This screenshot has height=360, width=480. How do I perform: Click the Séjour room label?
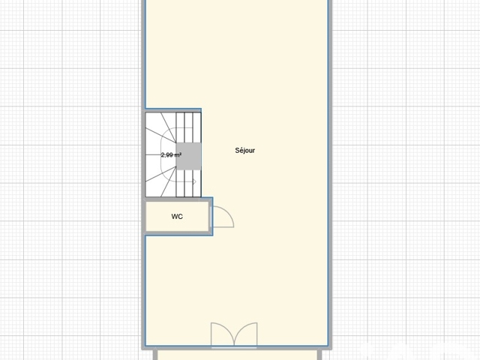pos(245,150)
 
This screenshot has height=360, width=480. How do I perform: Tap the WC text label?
pos(177,217)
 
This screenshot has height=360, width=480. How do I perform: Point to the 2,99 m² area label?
pos(171,155)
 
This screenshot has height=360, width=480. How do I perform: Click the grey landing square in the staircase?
pos(188,156)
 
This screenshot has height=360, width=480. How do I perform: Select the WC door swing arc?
pos(228,213)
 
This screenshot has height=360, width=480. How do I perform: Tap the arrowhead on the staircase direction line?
pos(194,181)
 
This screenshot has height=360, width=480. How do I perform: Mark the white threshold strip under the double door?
pos(234,348)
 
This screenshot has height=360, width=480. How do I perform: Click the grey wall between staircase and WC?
pos(173,199)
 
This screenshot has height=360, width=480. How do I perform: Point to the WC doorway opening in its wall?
pos(211,217)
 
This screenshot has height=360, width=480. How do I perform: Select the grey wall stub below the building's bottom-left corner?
pos(155,355)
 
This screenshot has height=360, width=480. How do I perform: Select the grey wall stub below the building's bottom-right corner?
pos(319,355)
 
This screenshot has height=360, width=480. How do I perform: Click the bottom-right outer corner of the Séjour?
pos(331,349)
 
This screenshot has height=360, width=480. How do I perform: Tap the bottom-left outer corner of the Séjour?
pos(142,349)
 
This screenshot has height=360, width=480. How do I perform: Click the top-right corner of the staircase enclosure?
pos(201,109)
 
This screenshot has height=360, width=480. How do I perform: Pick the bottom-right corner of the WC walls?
pos(212,235)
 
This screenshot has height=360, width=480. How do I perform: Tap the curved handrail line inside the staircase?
pos(161,154)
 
